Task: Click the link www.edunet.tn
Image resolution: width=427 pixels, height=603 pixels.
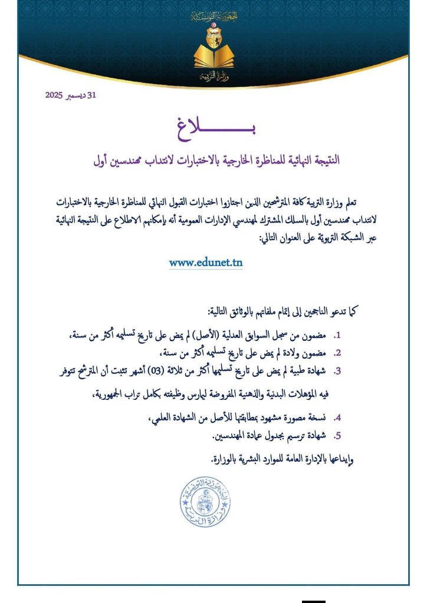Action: tap(206, 263)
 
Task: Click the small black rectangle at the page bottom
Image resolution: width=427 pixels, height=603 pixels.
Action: tap(313, 599)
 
